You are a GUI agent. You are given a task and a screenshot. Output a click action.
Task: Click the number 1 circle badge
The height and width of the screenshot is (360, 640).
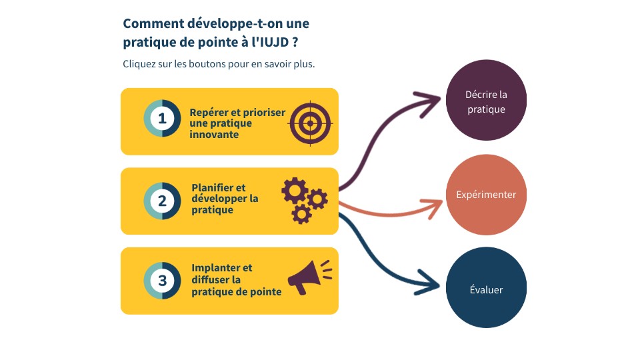(162, 119)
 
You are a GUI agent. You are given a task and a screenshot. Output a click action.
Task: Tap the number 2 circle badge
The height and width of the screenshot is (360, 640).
(162, 201)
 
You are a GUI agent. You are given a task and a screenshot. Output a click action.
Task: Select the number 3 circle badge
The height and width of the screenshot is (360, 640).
(162, 281)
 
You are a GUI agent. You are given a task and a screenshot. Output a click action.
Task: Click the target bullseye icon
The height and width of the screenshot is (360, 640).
(310, 123)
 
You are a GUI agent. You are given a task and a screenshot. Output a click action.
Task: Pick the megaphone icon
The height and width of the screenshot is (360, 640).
(310, 277)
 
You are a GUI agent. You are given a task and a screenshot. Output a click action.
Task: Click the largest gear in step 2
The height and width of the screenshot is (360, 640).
(295, 191)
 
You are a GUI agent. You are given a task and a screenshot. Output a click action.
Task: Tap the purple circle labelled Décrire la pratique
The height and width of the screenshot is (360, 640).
(486, 101)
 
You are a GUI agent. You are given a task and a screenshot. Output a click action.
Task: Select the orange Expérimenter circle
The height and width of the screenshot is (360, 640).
(486, 195)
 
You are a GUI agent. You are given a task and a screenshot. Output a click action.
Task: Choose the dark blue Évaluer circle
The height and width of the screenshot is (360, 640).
(486, 287)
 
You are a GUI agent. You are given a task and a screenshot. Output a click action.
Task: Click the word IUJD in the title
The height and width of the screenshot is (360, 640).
(274, 42)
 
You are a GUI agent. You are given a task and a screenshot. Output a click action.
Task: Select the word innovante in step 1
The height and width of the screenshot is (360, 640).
(214, 134)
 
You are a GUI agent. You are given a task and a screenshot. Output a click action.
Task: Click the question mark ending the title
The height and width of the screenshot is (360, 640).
(295, 42)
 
